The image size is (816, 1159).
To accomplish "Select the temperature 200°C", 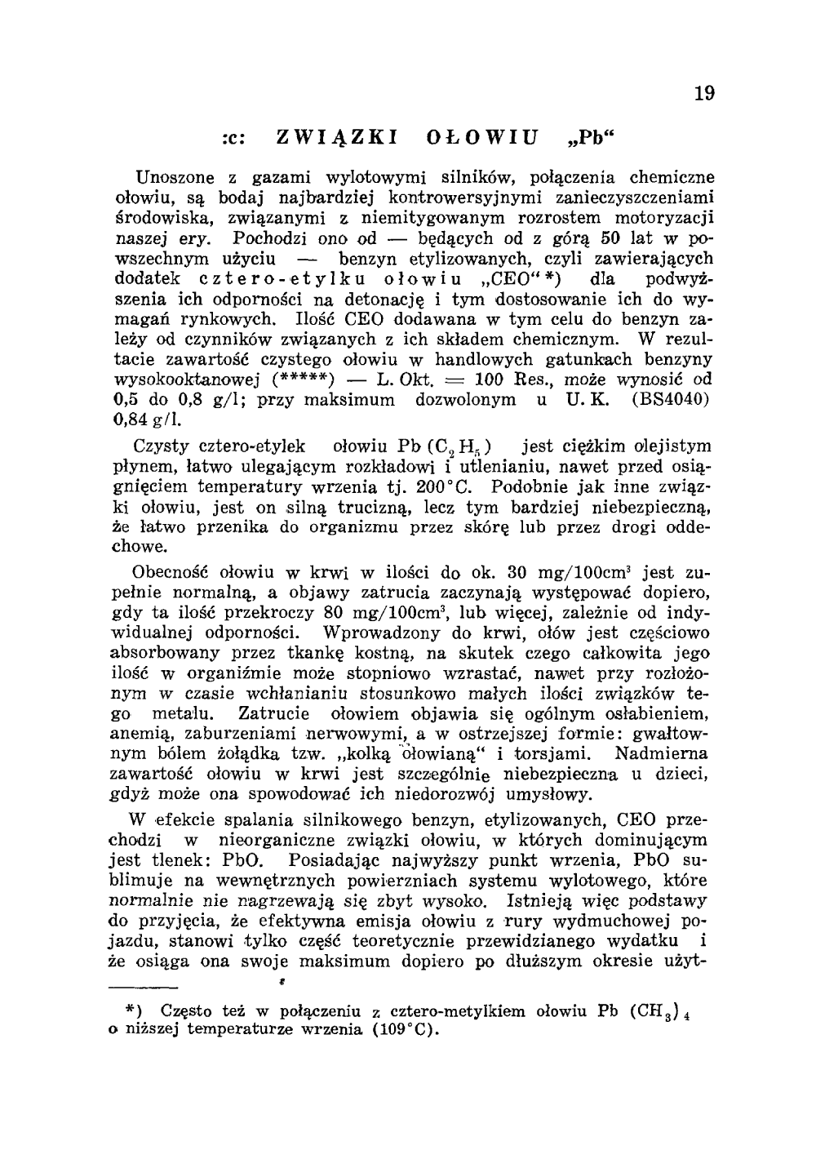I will (x=450, y=487).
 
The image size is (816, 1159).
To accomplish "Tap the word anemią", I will (x=139, y=733).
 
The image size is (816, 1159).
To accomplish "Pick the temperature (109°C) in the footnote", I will (x=401, y=1029).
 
